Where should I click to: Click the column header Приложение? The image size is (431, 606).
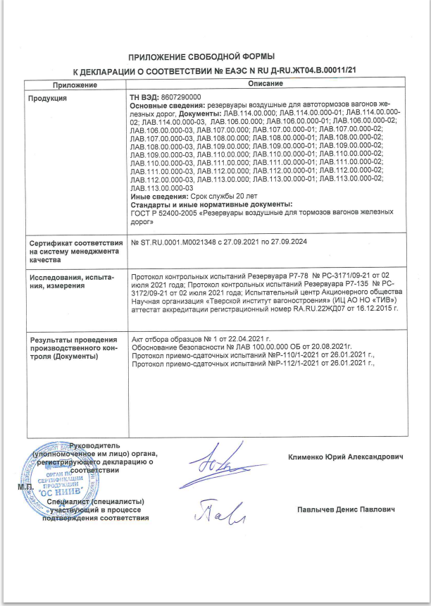(x=73, y=84)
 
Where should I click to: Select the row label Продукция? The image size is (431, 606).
(x=47, y=98)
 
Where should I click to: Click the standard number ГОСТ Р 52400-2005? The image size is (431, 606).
(x=165, y=211)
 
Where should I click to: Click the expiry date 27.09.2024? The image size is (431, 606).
(x=288, y=242)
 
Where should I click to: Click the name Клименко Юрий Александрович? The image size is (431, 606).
(x=346, y=457)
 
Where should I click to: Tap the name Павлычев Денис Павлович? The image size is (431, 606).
(x=345, y=509)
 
